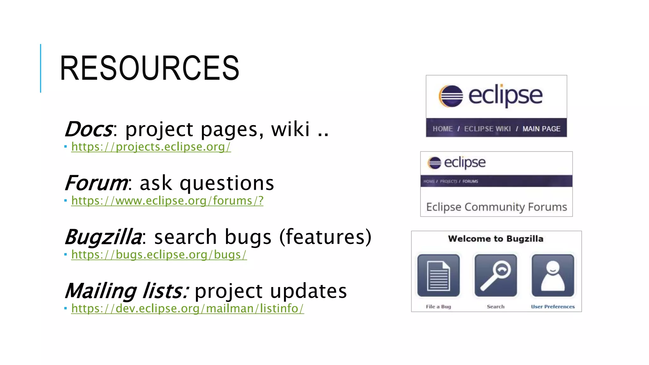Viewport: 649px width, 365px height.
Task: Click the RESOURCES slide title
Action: [149, 68]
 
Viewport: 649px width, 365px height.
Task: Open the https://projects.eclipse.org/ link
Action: [151, 147]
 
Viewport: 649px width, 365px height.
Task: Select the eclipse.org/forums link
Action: [167, 201]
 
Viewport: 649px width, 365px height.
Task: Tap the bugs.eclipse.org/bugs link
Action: [159, 255]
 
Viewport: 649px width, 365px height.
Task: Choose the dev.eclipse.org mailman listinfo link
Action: [188, 309]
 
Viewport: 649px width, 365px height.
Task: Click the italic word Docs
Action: [88, 129]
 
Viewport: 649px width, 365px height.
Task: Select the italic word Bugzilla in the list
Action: [103, 237]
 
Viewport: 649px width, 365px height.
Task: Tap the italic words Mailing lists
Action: [126, 291]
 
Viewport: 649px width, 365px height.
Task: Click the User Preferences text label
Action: [553, 307]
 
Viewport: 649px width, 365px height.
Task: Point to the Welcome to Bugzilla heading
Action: [496, 239]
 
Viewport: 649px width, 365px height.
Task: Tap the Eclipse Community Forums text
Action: [496, 207]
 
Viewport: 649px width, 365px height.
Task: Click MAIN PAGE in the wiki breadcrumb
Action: [541, 129]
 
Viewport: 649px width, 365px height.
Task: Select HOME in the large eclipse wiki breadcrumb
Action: [443, 129]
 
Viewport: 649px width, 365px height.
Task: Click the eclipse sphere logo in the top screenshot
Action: [451, 96]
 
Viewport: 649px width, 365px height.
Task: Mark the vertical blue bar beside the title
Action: [41, 68]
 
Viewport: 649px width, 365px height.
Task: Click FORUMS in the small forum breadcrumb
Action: [470, 182]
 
